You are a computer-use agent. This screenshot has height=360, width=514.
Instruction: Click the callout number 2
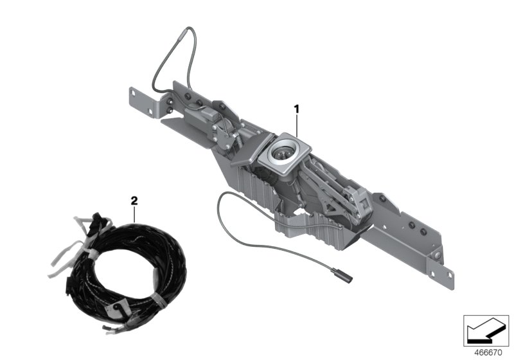(x=134, y=200)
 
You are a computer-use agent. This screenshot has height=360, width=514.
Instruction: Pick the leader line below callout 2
(x=134, y=214)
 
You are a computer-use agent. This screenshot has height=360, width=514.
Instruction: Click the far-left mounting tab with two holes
(x=143, y=104)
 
